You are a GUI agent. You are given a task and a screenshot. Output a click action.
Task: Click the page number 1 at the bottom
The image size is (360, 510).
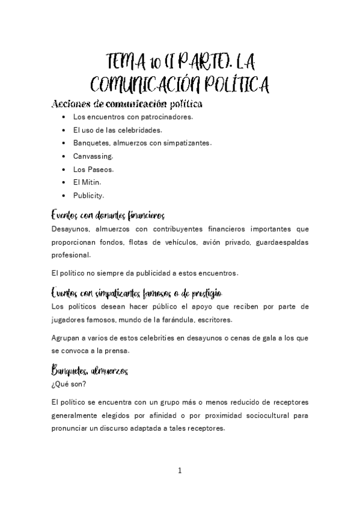point(180,471)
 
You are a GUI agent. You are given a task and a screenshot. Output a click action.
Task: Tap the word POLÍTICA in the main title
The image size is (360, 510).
point(234,85)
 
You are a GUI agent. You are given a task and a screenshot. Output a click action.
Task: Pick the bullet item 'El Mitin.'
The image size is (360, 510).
point(87,182)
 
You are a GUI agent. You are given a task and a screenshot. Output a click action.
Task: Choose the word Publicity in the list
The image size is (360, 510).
point(88,195)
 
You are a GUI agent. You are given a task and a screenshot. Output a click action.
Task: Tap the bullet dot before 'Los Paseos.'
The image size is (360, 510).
point(64,169)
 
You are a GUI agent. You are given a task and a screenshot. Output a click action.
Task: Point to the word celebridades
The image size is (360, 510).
point(136,130)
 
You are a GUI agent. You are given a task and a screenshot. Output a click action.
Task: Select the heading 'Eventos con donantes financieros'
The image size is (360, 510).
point(109,215)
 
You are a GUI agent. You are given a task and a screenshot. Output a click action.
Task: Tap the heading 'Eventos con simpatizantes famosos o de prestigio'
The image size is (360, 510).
point(137,293)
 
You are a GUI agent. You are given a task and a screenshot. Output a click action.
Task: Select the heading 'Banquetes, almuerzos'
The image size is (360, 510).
point(90,370)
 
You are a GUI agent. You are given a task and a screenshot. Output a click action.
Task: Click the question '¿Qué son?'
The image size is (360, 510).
point(68,384)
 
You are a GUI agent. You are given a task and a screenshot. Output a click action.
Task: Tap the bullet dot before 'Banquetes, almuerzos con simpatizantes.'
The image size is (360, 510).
point(64,143)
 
